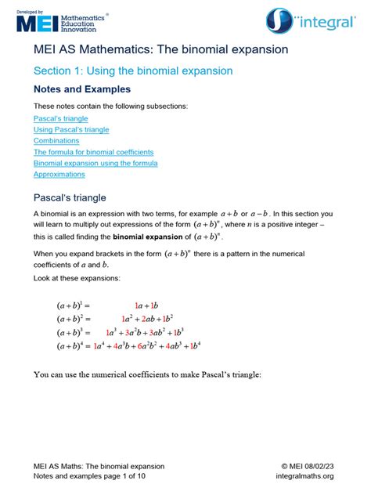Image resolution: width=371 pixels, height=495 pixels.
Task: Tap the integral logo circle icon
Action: point(280,21)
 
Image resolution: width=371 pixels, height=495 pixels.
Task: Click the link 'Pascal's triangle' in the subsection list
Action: point(60,118)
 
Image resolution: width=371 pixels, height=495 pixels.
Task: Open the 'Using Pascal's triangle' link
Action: point(71,129)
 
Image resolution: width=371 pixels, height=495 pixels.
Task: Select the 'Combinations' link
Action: point(56,141)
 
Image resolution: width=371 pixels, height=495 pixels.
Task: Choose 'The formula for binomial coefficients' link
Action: point(93,152)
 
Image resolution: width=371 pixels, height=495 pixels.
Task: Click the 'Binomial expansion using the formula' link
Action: point(95,163)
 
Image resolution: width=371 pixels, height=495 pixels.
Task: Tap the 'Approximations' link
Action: point(59,174)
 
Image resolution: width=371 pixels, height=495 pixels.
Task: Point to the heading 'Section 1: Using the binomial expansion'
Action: point(133,70)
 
